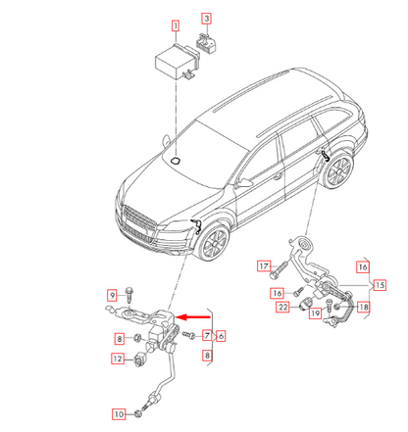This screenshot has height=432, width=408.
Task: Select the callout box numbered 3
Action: point(207,19)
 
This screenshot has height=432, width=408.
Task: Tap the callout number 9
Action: point(113,294)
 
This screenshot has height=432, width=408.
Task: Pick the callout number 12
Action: point(117,360)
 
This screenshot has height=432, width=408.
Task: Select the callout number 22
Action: point(281,308)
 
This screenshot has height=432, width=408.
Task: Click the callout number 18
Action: point(363,308)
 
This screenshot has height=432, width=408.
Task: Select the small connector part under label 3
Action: point(207,42)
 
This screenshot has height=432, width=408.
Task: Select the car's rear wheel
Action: point(336,170)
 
